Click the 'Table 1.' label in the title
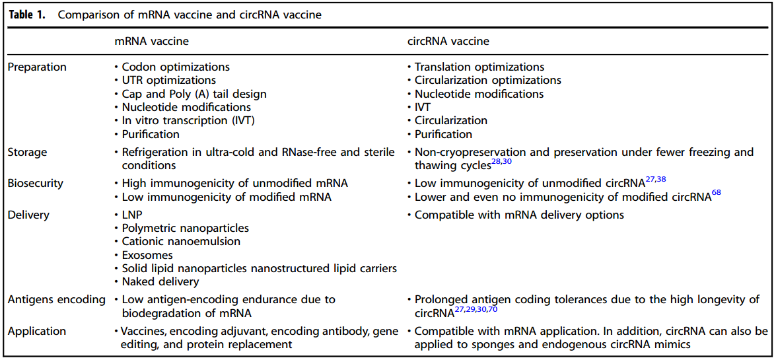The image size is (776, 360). pos(27,15)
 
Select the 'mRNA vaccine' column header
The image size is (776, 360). pos(151,41)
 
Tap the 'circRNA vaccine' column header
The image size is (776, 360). pos(448,41)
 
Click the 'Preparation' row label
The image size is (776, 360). pos(37,67)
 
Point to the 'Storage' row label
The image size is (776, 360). pos(28,152)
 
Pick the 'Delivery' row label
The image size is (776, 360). pos(28,215)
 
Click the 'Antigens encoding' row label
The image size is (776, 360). pos(56,299)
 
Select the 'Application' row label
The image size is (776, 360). pos(37,330)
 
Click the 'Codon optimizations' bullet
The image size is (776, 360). pos(176,67)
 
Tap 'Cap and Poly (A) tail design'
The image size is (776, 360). pos(194,94)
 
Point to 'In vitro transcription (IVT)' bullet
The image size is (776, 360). pos(188,120)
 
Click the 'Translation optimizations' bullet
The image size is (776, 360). pos(479,67)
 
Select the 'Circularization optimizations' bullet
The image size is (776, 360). pos(488,80)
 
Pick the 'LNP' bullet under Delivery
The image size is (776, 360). pos(133,215)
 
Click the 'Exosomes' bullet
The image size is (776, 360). pos(147,255)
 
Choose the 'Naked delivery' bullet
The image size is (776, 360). pos(160,281)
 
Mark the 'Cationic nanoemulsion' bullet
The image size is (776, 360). pos(181,241)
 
